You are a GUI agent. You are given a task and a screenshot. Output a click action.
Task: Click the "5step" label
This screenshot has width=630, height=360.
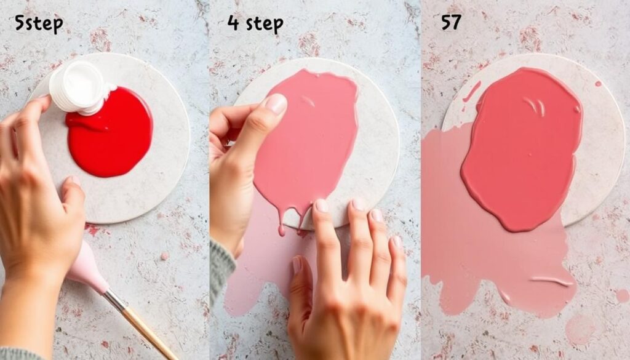(39, 23)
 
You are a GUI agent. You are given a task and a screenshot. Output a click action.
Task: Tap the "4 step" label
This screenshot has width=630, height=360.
(255, 23)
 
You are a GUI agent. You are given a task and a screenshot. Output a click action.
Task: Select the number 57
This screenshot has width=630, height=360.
(451, 23)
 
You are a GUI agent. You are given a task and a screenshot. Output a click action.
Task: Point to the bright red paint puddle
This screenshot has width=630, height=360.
(111, 132)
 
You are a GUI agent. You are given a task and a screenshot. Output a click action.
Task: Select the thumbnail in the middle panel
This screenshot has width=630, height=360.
(276, 103)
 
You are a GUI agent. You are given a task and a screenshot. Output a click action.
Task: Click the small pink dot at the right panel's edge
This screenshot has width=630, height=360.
(623, 296)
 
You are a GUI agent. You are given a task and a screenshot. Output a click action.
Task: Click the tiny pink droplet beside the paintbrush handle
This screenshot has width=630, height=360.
(164, 256)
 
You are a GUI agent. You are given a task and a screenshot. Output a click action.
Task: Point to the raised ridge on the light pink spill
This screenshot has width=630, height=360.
(551, 281)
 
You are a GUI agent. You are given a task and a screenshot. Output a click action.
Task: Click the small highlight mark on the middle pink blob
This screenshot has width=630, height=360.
(308, 102)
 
